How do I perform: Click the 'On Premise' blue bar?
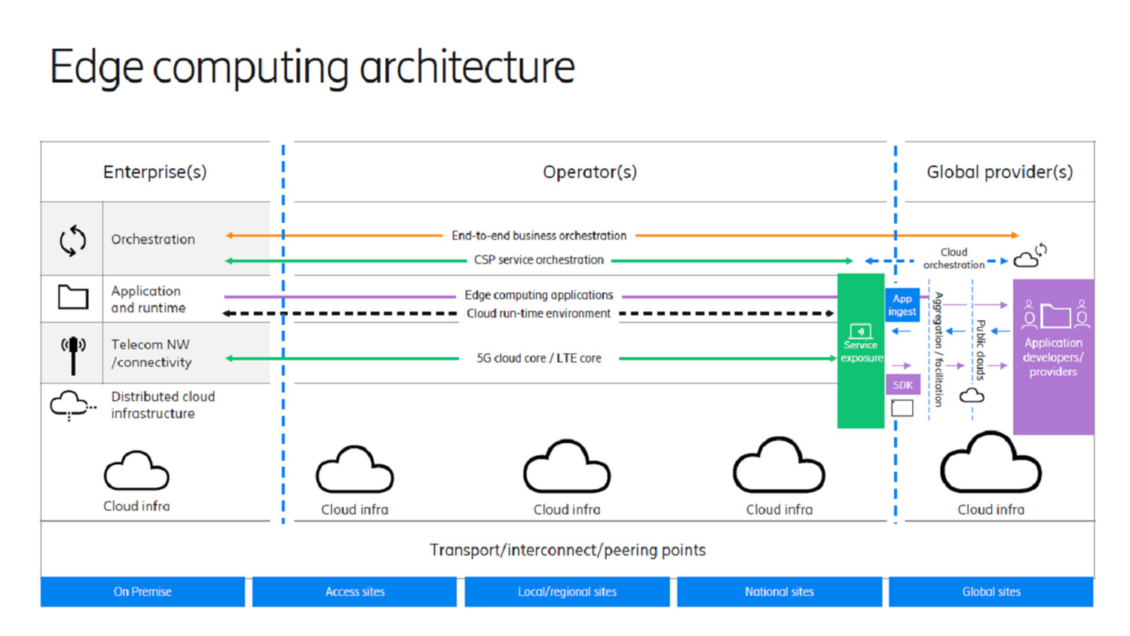pos(142,592)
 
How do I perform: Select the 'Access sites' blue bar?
pos(354,592)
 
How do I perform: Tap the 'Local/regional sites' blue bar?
pos(567,592)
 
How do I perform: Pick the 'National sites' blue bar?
pos(779,592)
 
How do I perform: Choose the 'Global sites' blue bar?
pos(991,592)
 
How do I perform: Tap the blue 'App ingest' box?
pos(902,304)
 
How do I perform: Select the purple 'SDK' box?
pos(902,385)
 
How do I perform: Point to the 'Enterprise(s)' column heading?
pos(155,172)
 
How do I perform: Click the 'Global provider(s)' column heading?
pos(999,172)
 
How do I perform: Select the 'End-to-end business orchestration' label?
pos(538,236)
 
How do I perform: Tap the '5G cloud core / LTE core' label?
pos(538,359)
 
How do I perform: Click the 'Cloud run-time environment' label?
pos(538,313)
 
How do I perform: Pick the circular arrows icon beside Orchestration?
pos(72,240)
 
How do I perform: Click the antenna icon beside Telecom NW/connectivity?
pos(73,354)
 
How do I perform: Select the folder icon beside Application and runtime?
pos(73,297)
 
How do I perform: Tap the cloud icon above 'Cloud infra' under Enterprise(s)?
pos(136,471)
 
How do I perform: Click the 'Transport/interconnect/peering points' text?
pos(567,550)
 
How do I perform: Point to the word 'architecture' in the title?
pos(467,67)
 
